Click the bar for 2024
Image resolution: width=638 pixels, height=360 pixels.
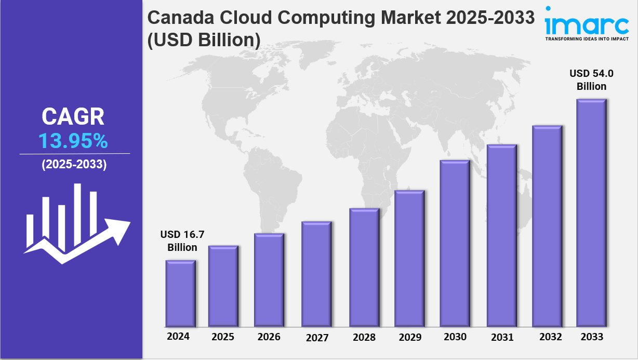point(181,293)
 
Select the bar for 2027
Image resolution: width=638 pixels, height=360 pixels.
point(316,274)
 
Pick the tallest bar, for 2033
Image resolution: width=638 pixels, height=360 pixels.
point(592,212)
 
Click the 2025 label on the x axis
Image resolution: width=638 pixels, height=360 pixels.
point(223,337)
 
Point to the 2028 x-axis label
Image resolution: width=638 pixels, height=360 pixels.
point(364,337)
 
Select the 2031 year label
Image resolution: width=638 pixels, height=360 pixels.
point(502,337)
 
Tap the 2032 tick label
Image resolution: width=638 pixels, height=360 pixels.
point(550,337)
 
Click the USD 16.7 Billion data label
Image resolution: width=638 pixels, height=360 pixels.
point(182,241)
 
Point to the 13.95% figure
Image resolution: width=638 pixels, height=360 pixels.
point(73,141)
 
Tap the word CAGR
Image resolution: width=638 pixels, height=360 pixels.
point(73,117)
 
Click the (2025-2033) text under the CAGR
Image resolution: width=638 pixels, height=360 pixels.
point(74,165)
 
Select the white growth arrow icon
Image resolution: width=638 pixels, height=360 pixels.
point(76,223)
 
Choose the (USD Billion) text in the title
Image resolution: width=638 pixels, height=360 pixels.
point(204,41)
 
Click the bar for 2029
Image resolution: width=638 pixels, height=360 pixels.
point(409,258)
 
